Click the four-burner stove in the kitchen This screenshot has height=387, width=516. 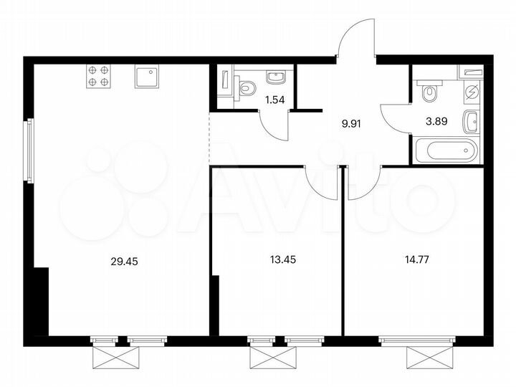pyautogui.click(x=99, y=76)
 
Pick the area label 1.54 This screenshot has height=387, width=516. pyautogui.click(x=275, y=100)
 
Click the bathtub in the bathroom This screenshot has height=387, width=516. pyautogui.click(x=446, y=151)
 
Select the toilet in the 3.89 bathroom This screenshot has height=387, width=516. pyautogui.click(x=429, y=92)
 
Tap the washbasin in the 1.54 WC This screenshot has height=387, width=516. pyautogui.click(x=276, y=76)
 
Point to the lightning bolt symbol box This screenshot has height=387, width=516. pyautogui.click(x=472, y=92)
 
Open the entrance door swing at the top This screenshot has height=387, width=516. pyautogui.click(x=356, y=39)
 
